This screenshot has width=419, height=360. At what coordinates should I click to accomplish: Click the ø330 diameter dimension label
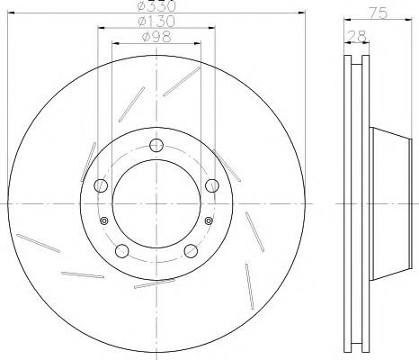[x=156, y=6]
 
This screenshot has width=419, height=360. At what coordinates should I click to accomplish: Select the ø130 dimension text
[x=156, y=21]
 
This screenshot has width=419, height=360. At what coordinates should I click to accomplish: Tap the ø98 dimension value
[x=156, y=37]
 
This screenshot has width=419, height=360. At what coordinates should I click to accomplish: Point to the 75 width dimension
[x=378, y=13]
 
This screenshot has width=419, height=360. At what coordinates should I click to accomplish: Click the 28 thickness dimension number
[x=356, y=36]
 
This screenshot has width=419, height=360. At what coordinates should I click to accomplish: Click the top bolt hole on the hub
[x=156, y=146]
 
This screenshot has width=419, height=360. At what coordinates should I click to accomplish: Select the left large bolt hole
[x=101, y=185]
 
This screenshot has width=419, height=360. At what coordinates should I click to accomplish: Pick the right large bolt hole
[x=212, y=185]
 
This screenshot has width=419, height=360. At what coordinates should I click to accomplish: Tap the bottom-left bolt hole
[x=122, y=251]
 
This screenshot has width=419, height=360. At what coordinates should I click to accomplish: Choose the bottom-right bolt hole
[x=191, y=251]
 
